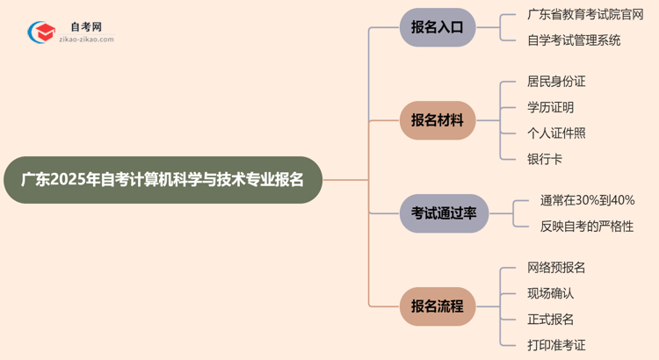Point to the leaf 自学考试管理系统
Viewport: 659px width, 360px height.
(574, 40)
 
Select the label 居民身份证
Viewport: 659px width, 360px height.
(556, 82)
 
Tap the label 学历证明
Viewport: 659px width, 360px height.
(550, 107)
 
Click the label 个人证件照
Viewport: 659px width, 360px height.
(556, 133)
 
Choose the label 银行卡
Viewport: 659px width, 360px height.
(545, 159)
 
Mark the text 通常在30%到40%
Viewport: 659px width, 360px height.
(587, 200)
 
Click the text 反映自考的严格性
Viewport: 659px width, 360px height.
(587, 226)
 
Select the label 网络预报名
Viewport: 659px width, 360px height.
(556, 267)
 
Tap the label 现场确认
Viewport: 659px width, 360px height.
(550, 293)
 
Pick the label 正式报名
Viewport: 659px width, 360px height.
(550, 319)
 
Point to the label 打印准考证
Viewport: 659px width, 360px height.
(556, 345)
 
